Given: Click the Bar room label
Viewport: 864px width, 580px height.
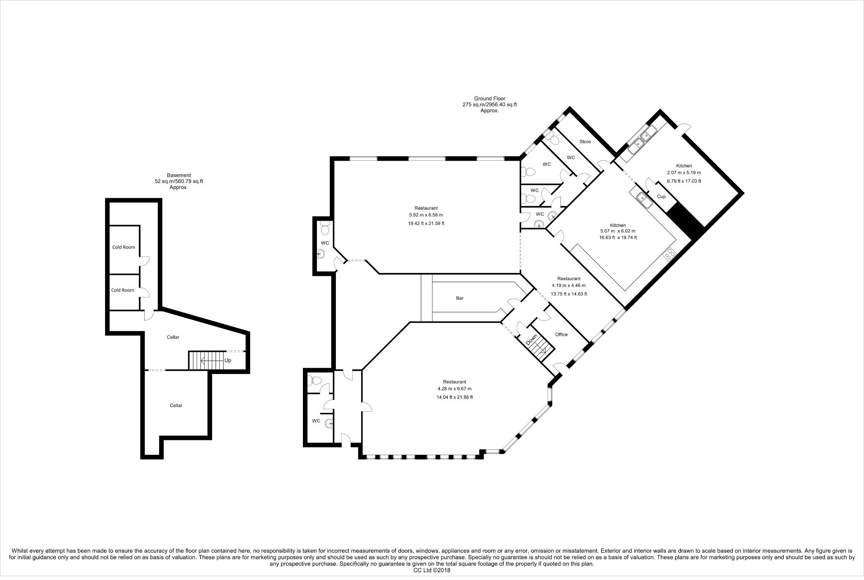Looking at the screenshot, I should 460,298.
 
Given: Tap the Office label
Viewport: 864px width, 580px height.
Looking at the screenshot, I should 561,335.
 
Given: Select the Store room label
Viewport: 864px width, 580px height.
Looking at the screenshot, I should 585,142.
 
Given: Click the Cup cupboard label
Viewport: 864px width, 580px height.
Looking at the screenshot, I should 661,197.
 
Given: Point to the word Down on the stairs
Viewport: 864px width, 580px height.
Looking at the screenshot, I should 532,340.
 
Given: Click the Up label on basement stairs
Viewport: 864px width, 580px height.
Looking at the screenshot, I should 227,360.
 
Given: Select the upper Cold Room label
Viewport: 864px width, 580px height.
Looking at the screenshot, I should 124,247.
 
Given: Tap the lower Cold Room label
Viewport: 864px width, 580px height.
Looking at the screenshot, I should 122,290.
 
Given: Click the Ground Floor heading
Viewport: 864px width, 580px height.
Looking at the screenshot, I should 489,99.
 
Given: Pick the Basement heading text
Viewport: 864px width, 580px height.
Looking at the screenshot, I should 179,175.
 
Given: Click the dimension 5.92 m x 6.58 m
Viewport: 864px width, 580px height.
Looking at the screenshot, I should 426,215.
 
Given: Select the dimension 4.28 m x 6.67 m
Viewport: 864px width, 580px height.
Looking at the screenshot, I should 454,388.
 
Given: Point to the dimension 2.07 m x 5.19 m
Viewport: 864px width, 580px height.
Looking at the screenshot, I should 684,173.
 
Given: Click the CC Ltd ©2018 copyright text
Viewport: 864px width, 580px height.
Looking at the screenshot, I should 432,570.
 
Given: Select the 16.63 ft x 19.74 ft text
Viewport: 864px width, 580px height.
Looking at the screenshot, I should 618,237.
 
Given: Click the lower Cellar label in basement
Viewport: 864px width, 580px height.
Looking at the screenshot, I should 176,405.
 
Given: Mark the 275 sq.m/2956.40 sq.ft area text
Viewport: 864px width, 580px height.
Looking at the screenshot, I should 489,105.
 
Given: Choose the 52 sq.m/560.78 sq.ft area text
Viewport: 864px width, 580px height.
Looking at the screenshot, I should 179,181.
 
